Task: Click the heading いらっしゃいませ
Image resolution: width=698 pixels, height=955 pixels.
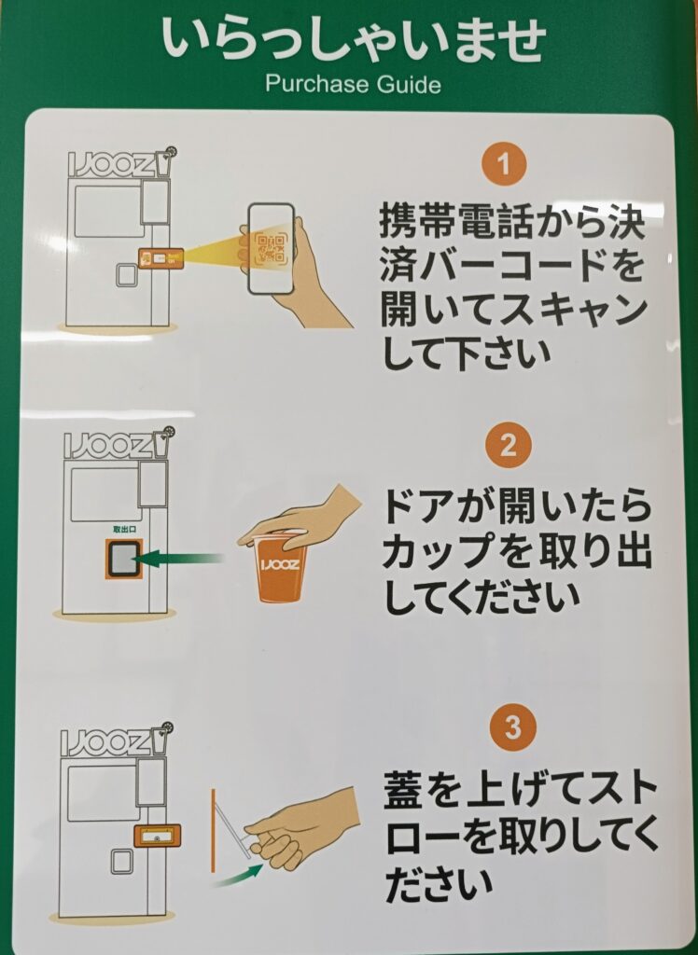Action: tap(354, 40)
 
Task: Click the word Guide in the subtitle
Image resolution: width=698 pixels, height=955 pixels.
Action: tap(408, 83)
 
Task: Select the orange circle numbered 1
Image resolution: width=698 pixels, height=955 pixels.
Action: tap(504, 163)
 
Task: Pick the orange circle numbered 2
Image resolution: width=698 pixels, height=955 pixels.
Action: tap(509, 445)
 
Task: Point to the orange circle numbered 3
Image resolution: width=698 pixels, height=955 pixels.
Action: tap(513, 727)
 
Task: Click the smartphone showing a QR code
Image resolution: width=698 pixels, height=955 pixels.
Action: tap(272, 246)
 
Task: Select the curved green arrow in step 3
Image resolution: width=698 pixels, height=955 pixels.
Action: tap(238, 876)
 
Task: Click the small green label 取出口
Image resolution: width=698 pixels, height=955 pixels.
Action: tap(124, 530)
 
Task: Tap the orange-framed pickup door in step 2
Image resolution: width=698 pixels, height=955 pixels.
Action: tap(124, 560)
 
